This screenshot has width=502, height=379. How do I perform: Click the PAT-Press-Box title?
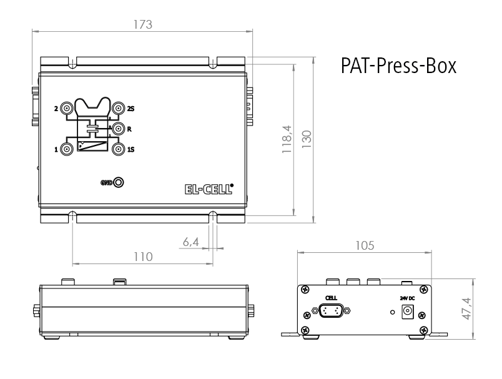tap(398, 66)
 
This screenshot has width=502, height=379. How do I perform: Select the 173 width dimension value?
tap(143, 24)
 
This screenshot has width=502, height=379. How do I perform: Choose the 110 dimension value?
tap(143, 257)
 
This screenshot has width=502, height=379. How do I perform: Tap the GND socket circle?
tap(118, 182)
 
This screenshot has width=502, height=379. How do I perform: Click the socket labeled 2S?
tap(118, 109)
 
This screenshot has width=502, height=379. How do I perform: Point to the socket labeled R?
tap(118, 129)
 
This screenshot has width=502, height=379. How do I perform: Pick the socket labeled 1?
tap(67, 149)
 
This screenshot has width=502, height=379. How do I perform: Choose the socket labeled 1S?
tap(118, 149)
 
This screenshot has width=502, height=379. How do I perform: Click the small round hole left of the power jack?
tap(391, 312)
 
